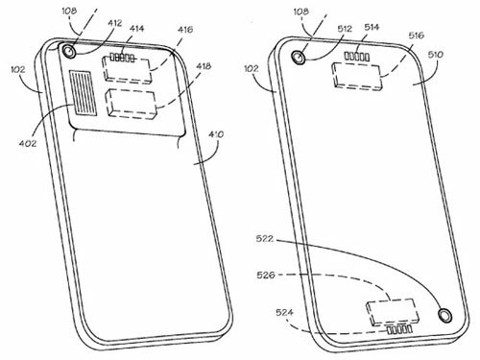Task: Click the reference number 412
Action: (115, 23)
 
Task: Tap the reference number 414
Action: (136, 29)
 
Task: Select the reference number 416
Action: (185, 30)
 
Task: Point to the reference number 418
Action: (204, 66)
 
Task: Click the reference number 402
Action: (28, 143)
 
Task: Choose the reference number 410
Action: (216, 134)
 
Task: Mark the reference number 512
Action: (344, 29)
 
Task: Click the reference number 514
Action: (372, 28)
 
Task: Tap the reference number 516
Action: (416, 36)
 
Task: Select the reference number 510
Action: (436, 55)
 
